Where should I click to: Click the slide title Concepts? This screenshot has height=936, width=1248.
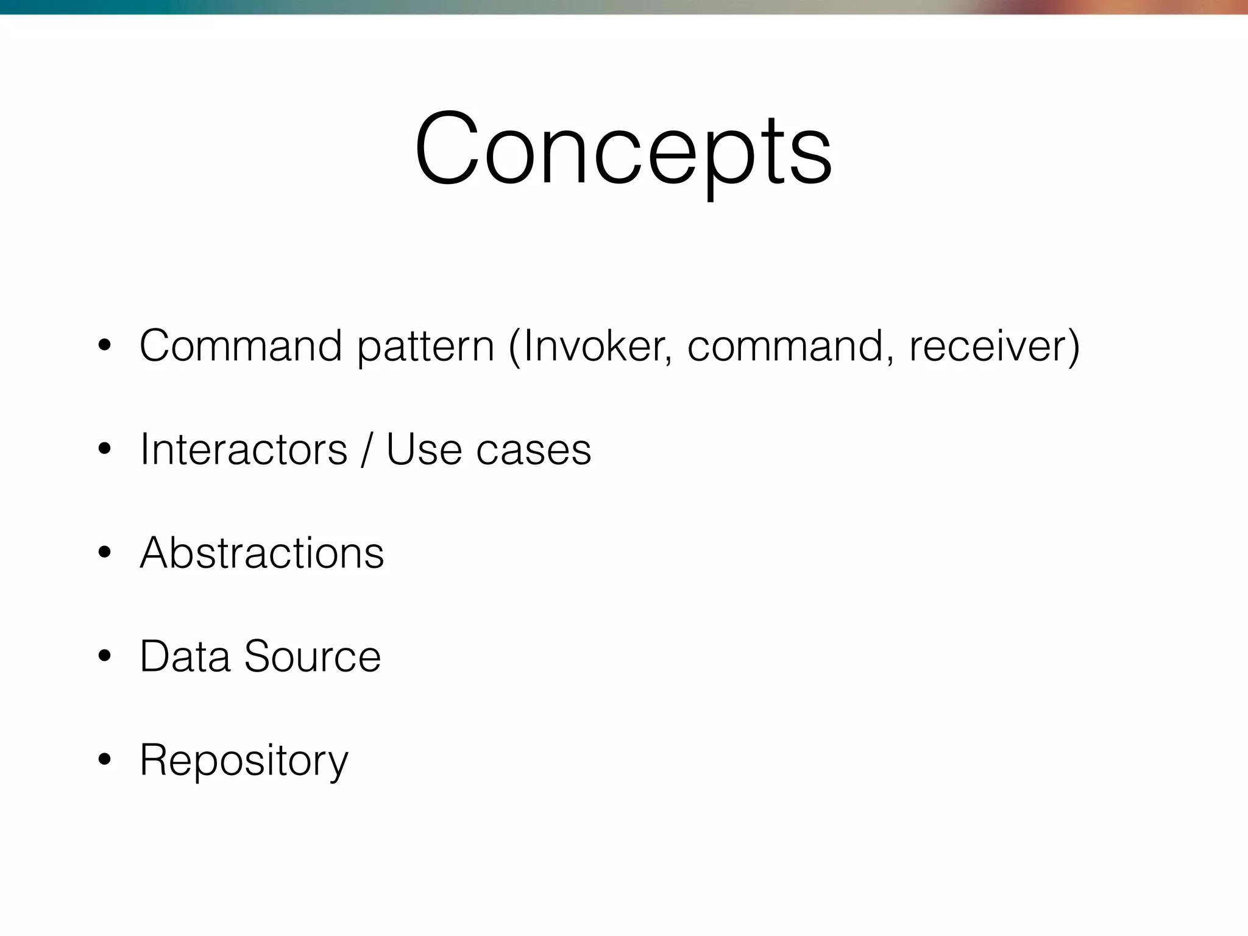coord(623,149)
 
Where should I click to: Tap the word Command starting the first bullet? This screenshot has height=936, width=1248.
coord(241,346)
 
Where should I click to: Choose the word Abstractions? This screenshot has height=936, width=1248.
coord(262,553)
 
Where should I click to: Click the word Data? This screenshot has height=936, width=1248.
coord(185,657)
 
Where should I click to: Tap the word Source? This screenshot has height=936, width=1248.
coord(312,657)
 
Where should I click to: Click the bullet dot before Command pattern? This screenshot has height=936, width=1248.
coord(104,346)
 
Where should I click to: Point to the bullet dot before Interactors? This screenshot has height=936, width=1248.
coord(104,450)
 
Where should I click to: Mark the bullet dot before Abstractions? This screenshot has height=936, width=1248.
coord(104,553)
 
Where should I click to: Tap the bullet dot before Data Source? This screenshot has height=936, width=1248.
coord(104,657)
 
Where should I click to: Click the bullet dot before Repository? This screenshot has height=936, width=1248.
coord(104,760)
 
